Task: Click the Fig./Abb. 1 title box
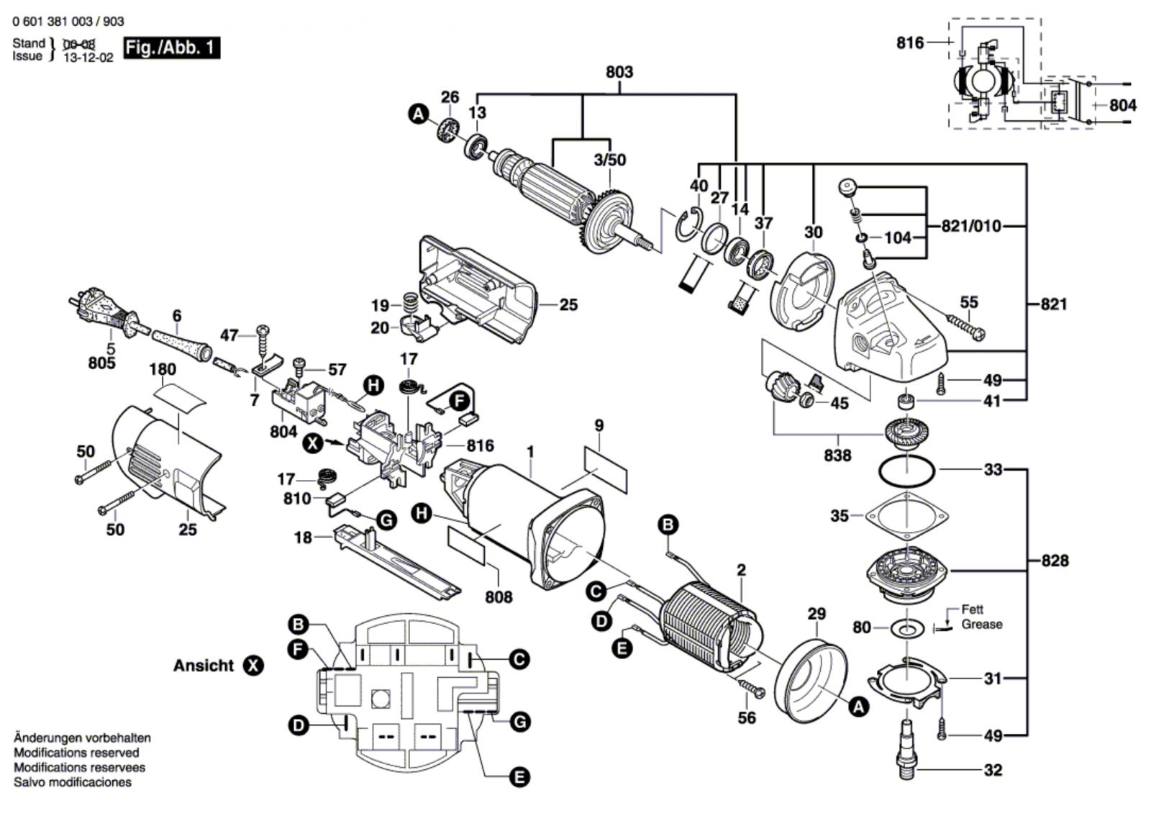[x=171, y=48]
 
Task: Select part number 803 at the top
[x=619, y=72]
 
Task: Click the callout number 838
[x=837, y=455]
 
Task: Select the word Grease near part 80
[x=981, y=624]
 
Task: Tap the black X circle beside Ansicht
[x=253, y=666]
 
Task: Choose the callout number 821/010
[x=970, y=226]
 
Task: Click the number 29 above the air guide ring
[x=816, y=614]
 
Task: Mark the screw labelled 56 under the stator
[x=752, y=689]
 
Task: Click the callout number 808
[x=499, y=597]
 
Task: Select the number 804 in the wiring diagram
[x=1122, y=105]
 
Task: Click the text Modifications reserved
[x=76, y=753]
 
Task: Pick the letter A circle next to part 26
[x=418, y=113]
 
